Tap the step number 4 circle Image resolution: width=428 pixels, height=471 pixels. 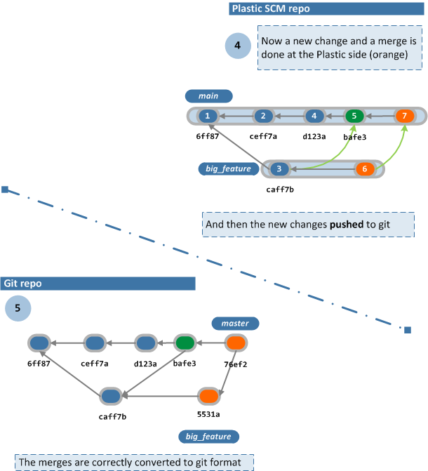click(238, 46)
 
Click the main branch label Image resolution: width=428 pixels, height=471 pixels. click(208, 96)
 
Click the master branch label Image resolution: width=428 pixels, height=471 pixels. click(235, 324)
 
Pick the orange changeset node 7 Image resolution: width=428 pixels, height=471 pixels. click(403, 116)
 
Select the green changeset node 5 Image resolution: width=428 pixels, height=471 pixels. click(354, 116)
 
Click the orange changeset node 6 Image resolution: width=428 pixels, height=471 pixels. click(364, 169)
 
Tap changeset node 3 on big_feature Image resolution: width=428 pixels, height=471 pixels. click(279, 169)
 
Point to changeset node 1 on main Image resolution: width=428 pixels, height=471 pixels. click(207, 116)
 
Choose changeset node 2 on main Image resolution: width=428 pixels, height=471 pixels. click(263, 116)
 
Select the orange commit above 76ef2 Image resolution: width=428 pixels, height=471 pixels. click(236, 343)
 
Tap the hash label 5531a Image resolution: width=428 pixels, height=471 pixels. click(208, 415)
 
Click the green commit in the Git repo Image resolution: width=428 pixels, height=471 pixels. click(185, 343)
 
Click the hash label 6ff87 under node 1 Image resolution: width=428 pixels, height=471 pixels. click(207, 136)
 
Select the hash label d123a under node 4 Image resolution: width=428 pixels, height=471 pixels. click(314, 136)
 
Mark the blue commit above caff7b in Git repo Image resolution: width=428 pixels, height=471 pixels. click(110, 397)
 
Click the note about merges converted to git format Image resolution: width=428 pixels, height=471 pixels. click(133, 463)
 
